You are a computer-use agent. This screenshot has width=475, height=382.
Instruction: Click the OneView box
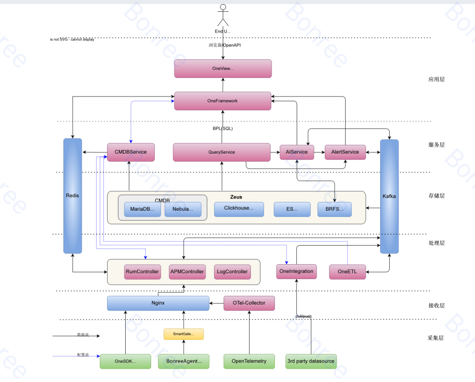pyautogui.click(x=223, y=68)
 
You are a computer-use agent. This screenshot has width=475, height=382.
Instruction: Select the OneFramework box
pyautogui.click(x=223, y=101)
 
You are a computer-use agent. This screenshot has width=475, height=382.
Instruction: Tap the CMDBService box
pyautogui.click(x=131, y=152)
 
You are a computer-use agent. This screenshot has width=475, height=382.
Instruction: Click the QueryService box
pyautogui.click(x=222, y=152)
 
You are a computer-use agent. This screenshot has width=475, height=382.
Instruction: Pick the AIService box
pyautogui.click(x=297, y=152)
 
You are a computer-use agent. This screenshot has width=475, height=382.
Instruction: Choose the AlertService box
pyautogui.click(x=345, y=152)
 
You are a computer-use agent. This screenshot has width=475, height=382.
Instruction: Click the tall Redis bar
pyautogui.click(x=73, y=196)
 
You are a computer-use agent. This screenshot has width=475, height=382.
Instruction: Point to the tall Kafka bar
pyautogui.click(x=389, y=196)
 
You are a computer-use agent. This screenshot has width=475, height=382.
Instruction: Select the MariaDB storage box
pyautogui.click(x=142, y=209)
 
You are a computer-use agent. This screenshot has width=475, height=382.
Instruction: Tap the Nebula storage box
pyautogui.click(x=183, y=209)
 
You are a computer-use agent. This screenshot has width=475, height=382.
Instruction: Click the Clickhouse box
pyautogui.click(x=239, y=208)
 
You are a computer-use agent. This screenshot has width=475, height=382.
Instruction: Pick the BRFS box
pyautogui.click(x=334, y=209)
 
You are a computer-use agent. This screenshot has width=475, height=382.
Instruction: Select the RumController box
pyautogui.click(x=142, y=272)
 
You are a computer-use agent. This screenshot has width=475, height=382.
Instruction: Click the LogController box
pyautogui.click(x=232, y=272)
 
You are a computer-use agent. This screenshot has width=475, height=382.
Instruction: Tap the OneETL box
pyautogui.click(x=348, y=272)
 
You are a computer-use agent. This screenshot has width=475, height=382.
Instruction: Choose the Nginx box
pyautogui.click(x=158, y=303)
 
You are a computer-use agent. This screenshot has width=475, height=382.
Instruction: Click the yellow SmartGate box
pyautogui.click(x=183, y=334)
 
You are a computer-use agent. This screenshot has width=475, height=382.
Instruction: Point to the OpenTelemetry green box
pyautogui.click(x=249, y=361)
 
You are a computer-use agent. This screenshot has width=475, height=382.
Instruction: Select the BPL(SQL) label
pyautogui.click(x=223, y=129)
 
